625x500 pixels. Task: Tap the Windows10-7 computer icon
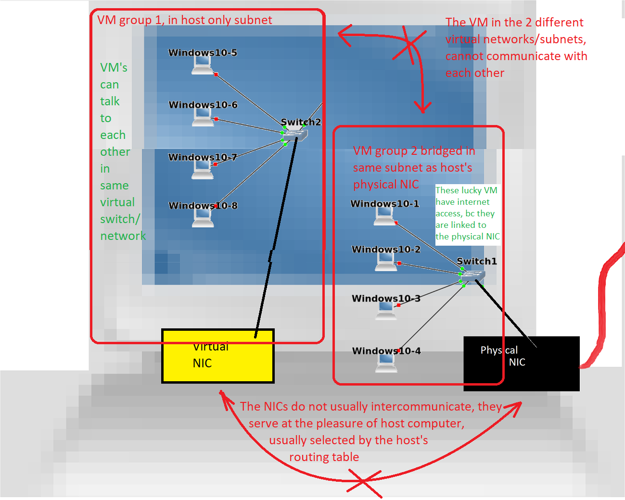coord(202,170)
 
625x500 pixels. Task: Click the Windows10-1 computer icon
coord(385,217)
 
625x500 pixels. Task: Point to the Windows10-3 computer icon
coord(386,311)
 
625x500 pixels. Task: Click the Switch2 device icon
coord(295,136)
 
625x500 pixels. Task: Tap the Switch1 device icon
coord(473,276)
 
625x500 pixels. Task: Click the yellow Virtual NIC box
coord(217,356)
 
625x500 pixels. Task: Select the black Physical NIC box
coord(522,363)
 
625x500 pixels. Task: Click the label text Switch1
coord(476,261)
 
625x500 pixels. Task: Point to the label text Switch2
coord(301,122)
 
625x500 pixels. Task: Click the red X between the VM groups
coord(409,45)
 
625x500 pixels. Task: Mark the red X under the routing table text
coord(364,482)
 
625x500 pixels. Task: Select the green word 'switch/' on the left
coord(120,219)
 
